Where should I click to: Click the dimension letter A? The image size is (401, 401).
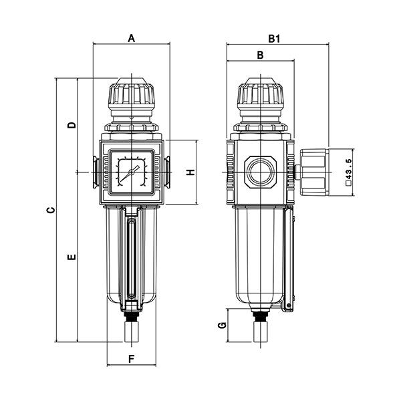point(132,38)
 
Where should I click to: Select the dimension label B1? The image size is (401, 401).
point(273,39)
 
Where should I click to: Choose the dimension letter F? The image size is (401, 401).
point(132,359)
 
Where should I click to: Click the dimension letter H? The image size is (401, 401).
point(190,172)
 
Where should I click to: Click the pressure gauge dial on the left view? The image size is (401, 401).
point(132,172)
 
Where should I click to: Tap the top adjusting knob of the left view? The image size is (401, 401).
point(132,97)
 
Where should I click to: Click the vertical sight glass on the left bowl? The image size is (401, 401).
point(131,257)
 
